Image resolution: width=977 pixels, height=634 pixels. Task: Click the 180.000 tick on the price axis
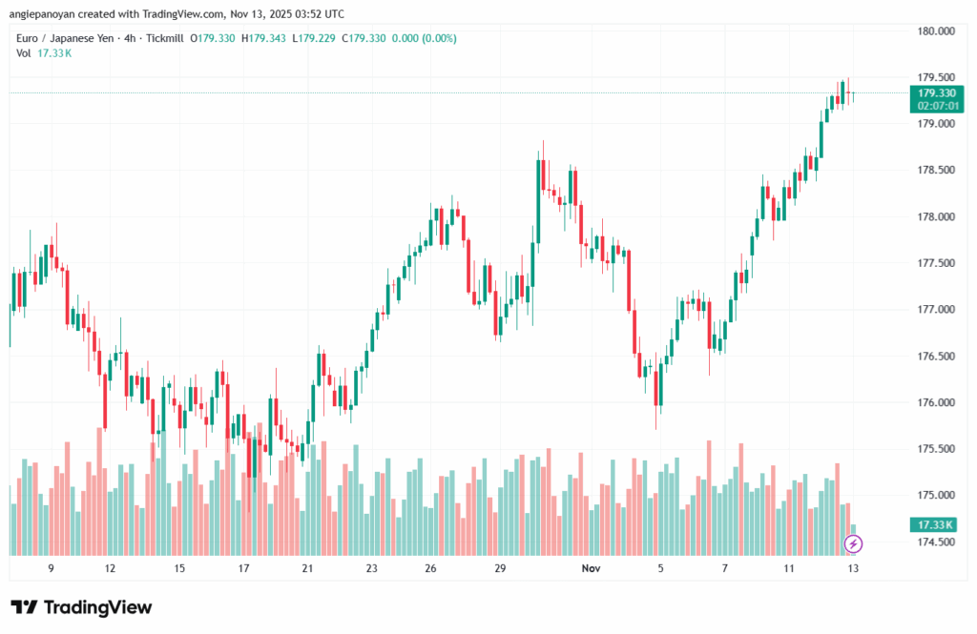tap(935, 31)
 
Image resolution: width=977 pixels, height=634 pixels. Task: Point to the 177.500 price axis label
tap(935, 263)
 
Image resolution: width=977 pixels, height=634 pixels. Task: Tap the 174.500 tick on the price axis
tap(935, 542)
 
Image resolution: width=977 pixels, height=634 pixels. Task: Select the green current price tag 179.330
tap(936, 92)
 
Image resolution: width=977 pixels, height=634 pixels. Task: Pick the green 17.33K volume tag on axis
tap(936, 525)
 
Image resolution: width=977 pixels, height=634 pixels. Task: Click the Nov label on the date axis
tap(591, 568)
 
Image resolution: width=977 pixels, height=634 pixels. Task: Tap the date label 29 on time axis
tap(499, 568)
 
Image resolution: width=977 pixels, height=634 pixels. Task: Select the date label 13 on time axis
tap(854, 568)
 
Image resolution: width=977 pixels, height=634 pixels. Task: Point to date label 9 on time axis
tap(51, 568)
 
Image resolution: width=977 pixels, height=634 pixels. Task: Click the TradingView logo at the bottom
tap(81, 607)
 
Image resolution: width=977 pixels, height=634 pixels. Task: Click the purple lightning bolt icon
tap(854, 543)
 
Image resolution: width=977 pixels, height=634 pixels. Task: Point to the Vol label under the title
tap(24, 52)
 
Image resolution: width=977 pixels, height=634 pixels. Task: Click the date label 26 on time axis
tap(431, 568)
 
